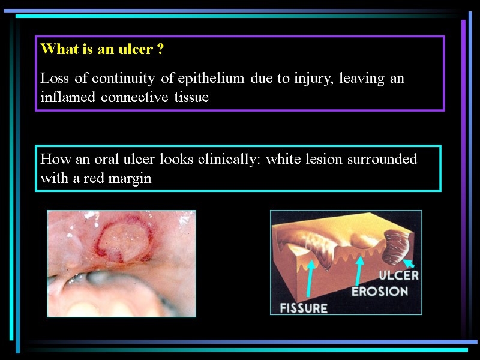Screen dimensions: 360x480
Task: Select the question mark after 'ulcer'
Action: [x=160, y=50]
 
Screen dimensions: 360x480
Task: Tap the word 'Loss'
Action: [x=53, y=79]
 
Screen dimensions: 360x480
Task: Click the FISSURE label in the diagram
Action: [x=304, y=308]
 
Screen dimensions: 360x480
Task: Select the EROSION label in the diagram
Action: [x=379, y=292]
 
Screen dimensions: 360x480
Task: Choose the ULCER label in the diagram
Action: [x=398, y=276]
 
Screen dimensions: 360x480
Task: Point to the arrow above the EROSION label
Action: [x=358, y=271]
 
